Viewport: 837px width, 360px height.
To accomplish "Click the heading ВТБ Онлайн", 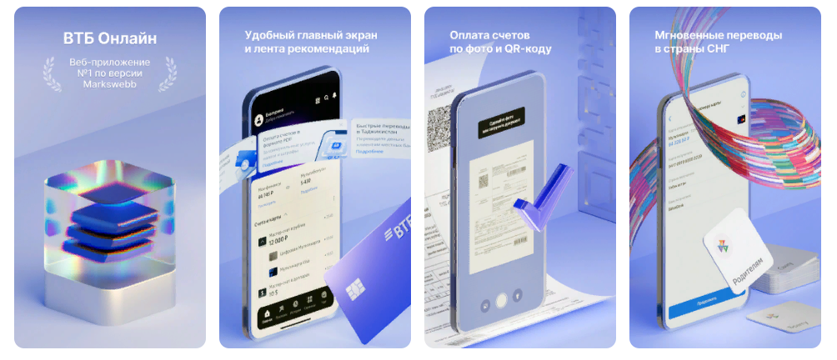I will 110,38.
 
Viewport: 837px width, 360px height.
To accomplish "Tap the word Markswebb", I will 110,84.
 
